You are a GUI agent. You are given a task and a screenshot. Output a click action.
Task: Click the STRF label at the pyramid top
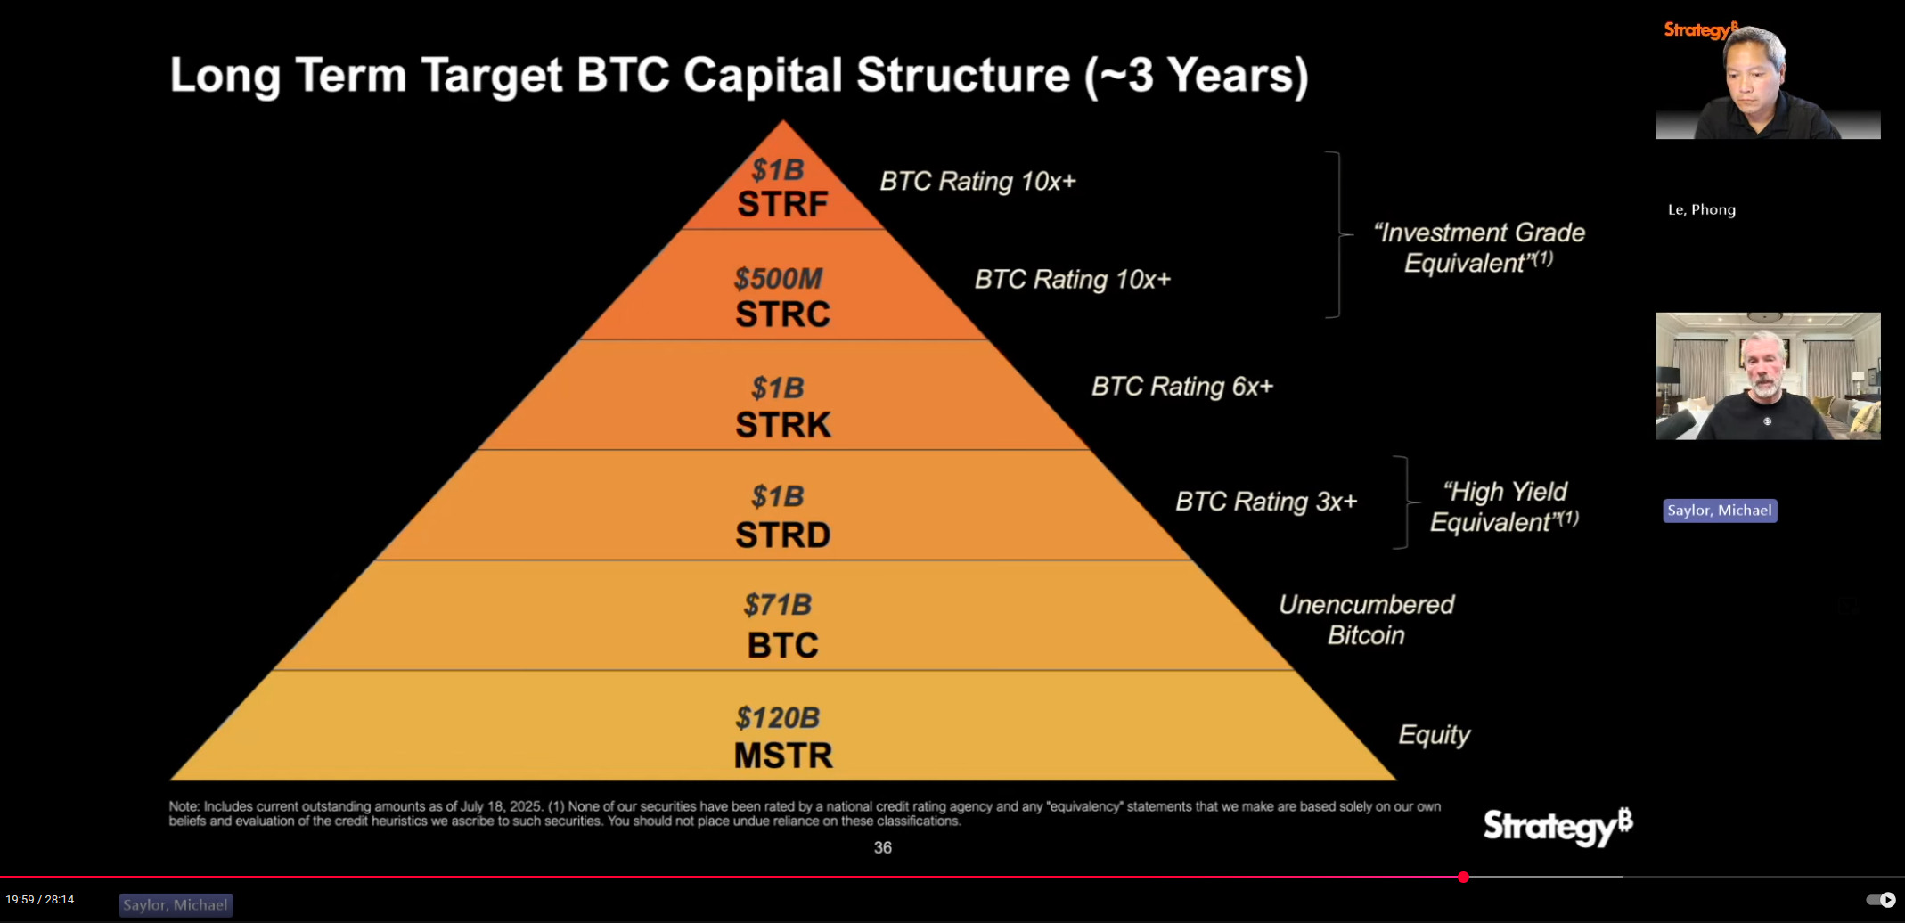pos(782,204)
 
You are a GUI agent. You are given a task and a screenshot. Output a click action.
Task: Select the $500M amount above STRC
pos(778,279)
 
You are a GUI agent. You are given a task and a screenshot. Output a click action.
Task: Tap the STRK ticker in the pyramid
pos(782,425)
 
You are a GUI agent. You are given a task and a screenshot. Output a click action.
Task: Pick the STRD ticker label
pos(782,535)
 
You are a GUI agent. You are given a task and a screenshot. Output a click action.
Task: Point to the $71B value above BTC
pos(778,605)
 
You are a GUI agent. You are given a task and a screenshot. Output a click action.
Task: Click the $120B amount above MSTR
pos(778,717)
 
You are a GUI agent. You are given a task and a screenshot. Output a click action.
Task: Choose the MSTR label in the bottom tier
pos(782,756)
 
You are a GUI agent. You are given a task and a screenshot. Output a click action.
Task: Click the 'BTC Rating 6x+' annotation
pos(1182,387)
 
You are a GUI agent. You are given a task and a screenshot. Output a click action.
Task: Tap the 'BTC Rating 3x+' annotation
pos(1266,502)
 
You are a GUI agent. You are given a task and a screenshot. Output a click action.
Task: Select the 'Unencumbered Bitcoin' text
pos(1366,620)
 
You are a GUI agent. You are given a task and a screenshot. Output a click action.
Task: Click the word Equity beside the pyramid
pos(1434,735)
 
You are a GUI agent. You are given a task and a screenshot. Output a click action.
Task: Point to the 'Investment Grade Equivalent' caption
pos(1478,248)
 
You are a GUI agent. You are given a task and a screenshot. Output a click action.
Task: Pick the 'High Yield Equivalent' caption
pos(1504,507)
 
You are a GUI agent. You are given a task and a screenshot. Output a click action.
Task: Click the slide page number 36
pos(882,847)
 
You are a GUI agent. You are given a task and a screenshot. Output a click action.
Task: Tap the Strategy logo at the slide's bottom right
pos(1558,827)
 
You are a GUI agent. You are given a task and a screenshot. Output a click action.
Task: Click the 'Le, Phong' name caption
pos(1702,209)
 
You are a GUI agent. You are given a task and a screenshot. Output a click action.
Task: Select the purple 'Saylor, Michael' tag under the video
pos(1720,511)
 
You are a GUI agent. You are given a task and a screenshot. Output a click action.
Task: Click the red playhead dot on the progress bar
pos(1463,878)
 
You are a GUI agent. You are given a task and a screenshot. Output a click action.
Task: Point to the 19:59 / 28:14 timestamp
pos(40,900)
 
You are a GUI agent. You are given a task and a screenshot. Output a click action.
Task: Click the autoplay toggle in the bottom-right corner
pos(1880,900)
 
